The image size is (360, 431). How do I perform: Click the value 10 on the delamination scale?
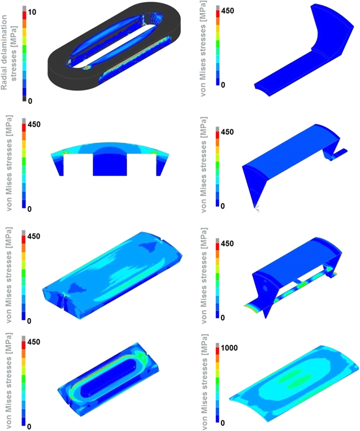click(x=33, y=12)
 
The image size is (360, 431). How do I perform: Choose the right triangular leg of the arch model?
click(x=160, y=164)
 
